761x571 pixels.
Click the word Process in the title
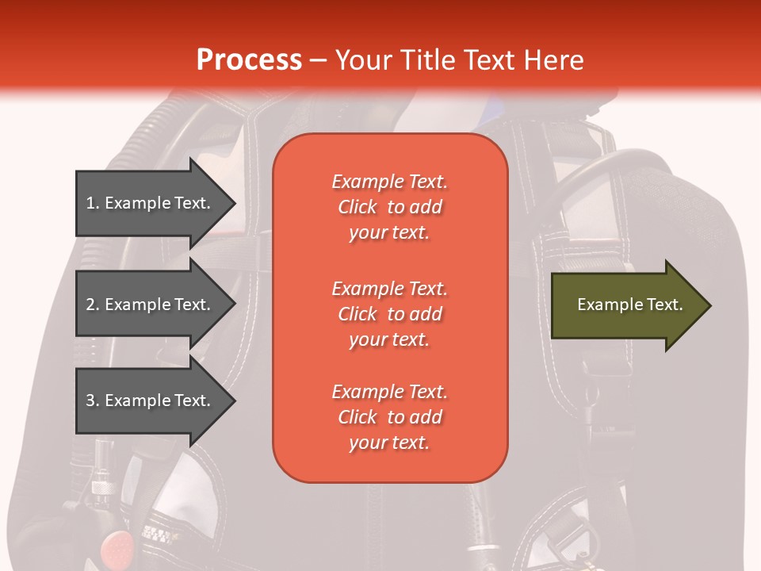[x=249, y=59]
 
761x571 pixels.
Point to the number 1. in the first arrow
[x=93, y=203]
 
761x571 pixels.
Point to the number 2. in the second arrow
[x=93, y=305]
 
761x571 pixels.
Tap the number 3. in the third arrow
[x=93, y=400]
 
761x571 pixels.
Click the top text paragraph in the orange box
[x=389, y=207]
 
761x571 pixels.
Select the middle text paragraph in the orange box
[x=389, y=314]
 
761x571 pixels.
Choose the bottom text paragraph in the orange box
[x=389, y=417]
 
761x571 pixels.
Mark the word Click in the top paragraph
[x=358, y=207]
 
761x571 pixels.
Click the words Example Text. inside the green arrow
[x=629, y=305]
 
